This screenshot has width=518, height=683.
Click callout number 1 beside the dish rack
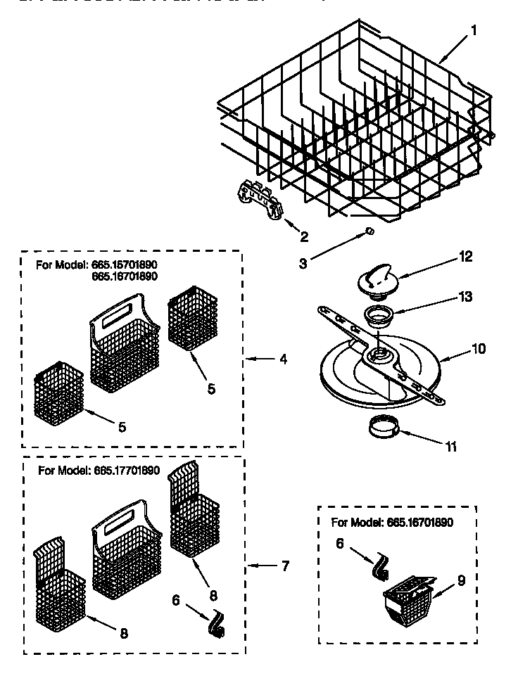coord(474,30)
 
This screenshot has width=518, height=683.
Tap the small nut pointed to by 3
coord(369,231)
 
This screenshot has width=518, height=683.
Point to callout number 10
coord(479,347)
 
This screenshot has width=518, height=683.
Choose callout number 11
coord(450,445)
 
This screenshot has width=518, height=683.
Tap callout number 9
coord(462,582)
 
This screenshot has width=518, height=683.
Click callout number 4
coord(282,359)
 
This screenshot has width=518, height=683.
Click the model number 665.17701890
coord(126,471)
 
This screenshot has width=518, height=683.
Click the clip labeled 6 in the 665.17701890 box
coord(215,624)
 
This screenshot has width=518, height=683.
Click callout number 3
coord(303,264)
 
